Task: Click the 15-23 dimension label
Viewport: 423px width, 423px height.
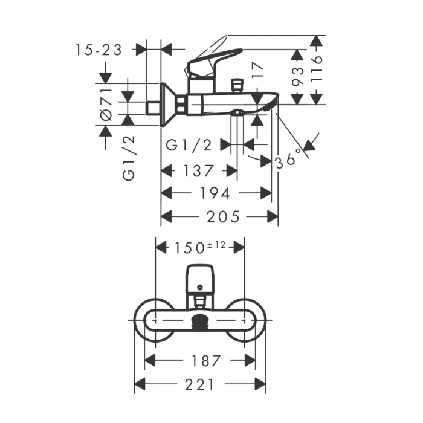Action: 98,50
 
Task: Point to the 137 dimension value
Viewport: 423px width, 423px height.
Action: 198,171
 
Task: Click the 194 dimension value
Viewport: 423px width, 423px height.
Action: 215,193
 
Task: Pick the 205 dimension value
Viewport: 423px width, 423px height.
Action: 223,216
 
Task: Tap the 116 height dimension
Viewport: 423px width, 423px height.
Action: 317,68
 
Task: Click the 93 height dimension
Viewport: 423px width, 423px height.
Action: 297,77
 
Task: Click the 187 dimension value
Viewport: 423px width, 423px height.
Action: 206,361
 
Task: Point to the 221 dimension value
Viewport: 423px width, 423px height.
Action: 199,384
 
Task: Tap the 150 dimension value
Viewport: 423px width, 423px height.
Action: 189,248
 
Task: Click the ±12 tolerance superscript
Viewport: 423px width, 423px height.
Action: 216,245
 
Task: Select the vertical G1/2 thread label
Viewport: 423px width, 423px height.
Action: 128,158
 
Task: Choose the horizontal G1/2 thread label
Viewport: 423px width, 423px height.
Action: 189,146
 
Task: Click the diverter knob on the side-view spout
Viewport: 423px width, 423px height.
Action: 237,86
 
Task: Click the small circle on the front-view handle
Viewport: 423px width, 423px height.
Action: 200,287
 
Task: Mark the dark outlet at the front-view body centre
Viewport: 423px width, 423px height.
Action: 200,321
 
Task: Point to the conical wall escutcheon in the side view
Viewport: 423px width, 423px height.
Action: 169,105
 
